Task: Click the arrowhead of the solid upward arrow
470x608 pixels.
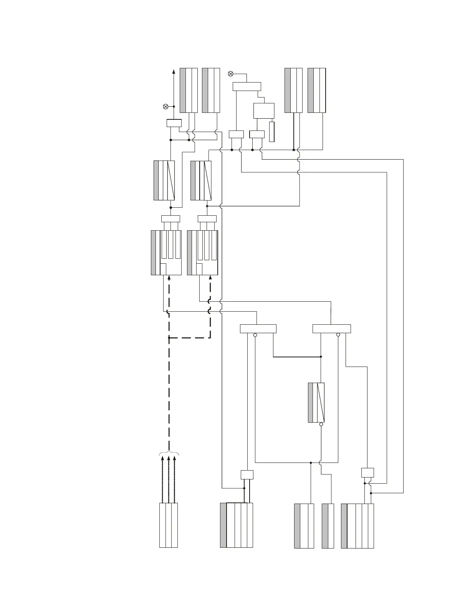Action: pos(174,72)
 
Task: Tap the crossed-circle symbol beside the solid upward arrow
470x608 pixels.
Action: pos(165,106)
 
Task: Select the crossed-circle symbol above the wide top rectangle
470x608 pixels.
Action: pos(230,73)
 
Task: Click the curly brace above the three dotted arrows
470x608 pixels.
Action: pos(169,453)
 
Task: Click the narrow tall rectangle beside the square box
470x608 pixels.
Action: pos(272,132)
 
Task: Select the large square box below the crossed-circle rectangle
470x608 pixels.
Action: pos(264,111)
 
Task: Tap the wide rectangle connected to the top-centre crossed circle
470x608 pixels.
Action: pos(247,86)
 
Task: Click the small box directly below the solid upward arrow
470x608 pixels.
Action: pos(174,123)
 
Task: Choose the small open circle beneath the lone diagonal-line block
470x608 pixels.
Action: pos(321,425)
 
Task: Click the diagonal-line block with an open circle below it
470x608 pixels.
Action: pos(316,402)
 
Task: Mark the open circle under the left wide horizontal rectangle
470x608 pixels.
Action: pos(255,335)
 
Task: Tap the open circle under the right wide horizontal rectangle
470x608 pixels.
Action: pos(338,335)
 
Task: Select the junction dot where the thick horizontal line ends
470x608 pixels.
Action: pos(321,357)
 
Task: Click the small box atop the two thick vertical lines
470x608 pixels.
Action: pos(247,474)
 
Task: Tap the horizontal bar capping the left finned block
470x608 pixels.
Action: pos(170,219)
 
